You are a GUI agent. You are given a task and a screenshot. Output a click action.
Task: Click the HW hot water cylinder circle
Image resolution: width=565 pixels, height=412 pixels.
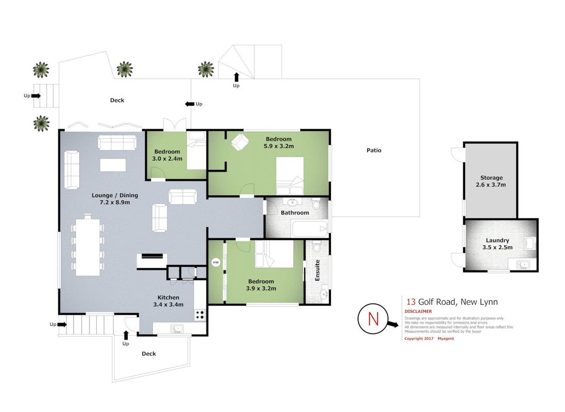pyautogui.click(x=216, y=262)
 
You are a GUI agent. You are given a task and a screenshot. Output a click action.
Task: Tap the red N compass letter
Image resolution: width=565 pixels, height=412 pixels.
pyautogui.click(x=373, y=319)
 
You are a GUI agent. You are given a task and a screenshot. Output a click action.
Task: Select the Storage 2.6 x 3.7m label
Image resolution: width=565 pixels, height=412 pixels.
pyautogui.click(x=491, y=181)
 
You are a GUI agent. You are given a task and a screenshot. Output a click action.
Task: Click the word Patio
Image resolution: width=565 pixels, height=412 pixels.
pyautogui.click(x=374, y=150)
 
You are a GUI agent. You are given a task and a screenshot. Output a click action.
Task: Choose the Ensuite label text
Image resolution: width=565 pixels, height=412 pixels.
pyautogui.click(x=317, y=270)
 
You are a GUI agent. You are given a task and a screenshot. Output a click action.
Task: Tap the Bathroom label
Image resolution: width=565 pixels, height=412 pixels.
pyautogui.click(x=295, y=213)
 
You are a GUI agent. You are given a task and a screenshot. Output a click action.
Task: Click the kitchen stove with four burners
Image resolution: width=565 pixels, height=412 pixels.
pyautogui.click(x=200, y=315)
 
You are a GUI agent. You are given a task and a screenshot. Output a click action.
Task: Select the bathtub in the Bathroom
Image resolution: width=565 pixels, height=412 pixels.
pyautogui.click(x=310, y=229)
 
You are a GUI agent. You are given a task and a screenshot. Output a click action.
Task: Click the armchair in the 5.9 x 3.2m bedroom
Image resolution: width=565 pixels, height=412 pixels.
pyautogui.click(x=240, y=142)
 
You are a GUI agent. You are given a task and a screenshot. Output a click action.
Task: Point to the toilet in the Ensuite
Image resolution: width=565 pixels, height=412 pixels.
pyautogui.click(x=317, y=246)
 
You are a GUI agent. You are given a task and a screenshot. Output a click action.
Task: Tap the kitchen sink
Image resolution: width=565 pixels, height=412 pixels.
pyautogui.click(x=177, y=329)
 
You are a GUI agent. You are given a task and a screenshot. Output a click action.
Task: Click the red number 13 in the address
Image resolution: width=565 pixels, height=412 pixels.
pyautogui.click(x=411, y=302)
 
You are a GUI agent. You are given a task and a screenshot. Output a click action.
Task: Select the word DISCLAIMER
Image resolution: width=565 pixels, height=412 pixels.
pyautogui.click(x=418, y=312)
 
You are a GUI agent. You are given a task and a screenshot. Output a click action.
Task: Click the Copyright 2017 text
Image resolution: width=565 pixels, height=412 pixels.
pyautogui.click(x=419, y=338)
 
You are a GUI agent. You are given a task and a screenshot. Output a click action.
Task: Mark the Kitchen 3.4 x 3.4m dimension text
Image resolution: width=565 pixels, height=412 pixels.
pyautogui.click(x=168, y=301)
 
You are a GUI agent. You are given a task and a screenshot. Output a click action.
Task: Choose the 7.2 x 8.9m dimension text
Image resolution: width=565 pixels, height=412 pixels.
pyautogui.click(x=115, y=202)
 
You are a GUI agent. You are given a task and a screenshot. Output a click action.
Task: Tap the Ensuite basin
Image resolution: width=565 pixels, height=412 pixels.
pyautogui.click(x=324, y=294)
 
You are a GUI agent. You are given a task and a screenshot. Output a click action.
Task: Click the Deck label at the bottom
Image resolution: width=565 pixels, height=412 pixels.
pyautogui.click(x=149, y=354)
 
